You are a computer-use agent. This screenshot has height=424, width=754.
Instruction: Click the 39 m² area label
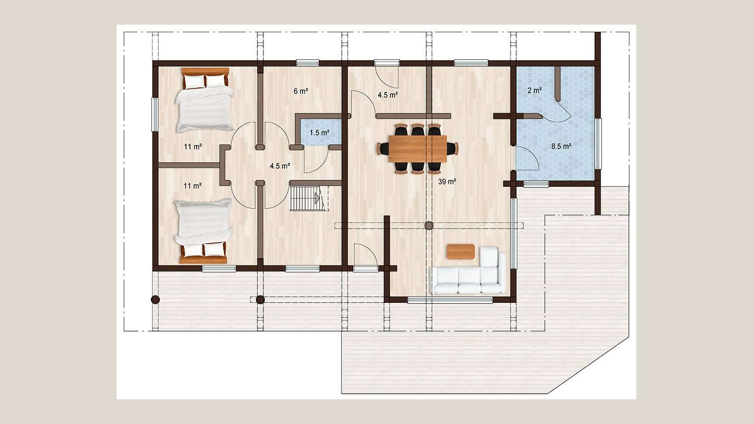(x=447, y=182)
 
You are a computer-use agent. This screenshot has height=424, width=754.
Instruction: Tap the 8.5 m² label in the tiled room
(x=561, y=146)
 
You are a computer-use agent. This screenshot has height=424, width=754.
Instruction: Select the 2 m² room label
(x=534, y=90)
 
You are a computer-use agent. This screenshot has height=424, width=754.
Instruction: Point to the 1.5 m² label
(x=319, y=133)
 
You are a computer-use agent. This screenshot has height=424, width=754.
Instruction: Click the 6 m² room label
(x=301, y=91)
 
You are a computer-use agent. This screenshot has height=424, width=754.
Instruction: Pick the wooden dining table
(x=418, y=149)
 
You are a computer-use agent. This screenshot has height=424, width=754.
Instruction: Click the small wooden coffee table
(x=461, y=252)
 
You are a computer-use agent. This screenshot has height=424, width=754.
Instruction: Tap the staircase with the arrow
(x=309, y=198)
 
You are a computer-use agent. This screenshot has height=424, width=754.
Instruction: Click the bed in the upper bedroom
(x=204, y=100)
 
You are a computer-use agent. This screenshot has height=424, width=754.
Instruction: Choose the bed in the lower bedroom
(x=203, y=231)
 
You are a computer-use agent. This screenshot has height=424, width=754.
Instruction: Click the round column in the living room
(x=429, y=226)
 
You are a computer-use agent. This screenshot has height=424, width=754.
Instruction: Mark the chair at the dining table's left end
(x=384, y=148)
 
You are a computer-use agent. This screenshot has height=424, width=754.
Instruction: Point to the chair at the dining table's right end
(x=452, y=148)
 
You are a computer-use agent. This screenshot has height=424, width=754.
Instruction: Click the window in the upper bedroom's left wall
(x=155, y=115)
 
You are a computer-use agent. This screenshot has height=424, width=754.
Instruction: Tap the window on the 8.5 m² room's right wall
(x=598, y=144)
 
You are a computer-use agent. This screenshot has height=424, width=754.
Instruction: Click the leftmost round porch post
(x=155, y=299)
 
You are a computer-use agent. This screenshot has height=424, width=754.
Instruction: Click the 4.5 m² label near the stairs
(x=280, y=166)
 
